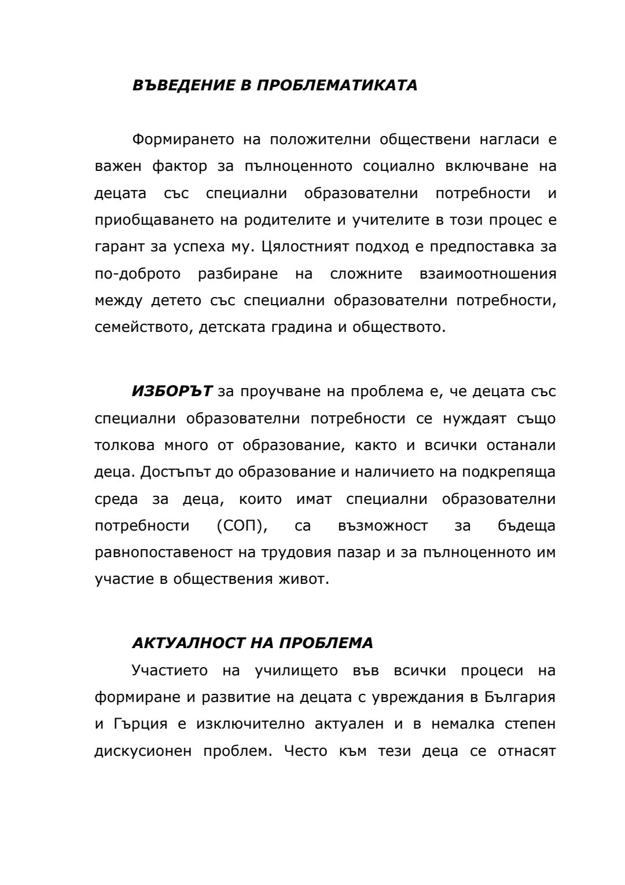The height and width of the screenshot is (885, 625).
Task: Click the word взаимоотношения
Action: (x=487, y=273)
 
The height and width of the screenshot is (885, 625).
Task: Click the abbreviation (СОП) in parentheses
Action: (x=242, y=526)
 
